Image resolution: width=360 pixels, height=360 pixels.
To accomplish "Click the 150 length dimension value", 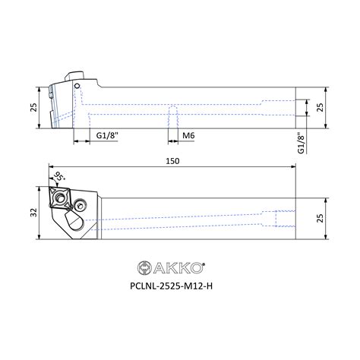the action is pos(172,161).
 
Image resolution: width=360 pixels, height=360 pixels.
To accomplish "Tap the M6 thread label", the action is pos(188,135).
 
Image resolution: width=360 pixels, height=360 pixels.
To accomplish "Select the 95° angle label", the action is pos(60,177).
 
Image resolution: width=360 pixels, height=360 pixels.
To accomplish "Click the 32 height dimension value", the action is pos(34,212).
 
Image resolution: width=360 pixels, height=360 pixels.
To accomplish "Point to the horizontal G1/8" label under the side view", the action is pos(107,135).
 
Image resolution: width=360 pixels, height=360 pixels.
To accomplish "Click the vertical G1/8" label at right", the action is pos(301,143).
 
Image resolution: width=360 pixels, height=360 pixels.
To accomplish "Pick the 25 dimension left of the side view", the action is pos(34,107).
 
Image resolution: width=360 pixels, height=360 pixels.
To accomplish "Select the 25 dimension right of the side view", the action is pos(320,107).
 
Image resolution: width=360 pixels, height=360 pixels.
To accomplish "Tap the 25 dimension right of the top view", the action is pos(320,218).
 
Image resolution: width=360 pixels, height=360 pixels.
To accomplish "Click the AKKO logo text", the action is pos(178,268).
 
